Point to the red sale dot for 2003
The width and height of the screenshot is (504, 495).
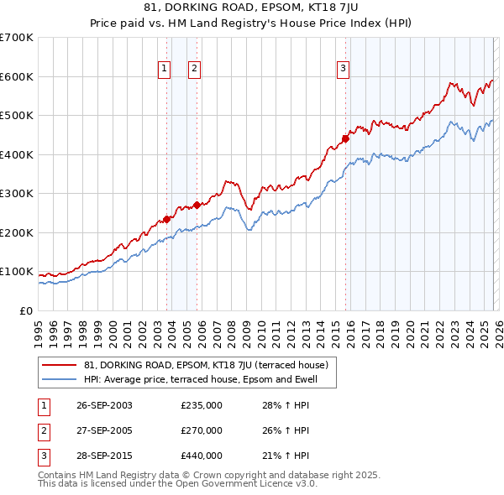pos(166,219)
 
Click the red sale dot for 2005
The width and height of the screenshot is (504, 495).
pos(197,205)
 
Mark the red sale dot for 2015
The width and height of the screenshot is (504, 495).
pos(345,139)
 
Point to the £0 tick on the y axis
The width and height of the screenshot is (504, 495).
pos(27,310)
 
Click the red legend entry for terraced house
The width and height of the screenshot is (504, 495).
pos(210,365)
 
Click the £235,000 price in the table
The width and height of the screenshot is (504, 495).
pos(202,405)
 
